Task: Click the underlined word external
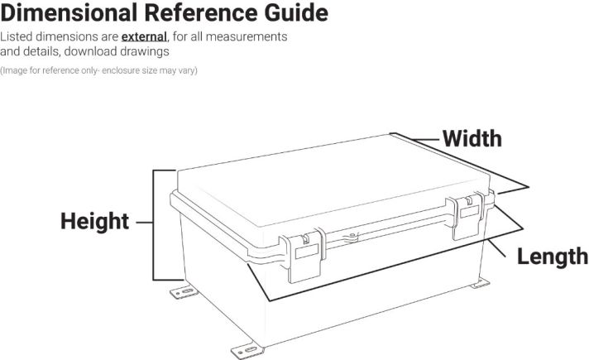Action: pos(144,37)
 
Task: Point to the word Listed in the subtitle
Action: pos(17,37)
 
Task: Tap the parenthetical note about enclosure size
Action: pos(98,70)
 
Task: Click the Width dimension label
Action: pos(472,138)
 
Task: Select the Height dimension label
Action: pos(94,222)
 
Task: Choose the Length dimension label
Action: pos(552,257)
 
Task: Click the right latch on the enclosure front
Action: pos(469,216)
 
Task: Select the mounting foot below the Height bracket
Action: pos(184,293)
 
